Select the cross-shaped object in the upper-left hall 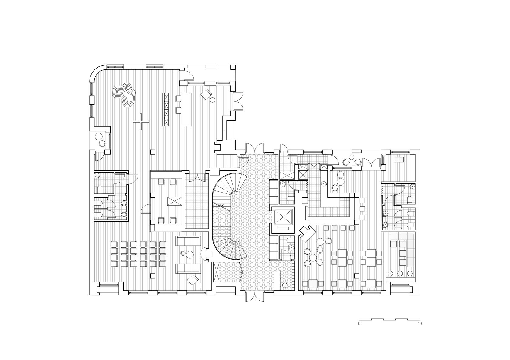pyautogui.click(x=141, y=122)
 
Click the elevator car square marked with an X pyautogui.click(x=283, y=216)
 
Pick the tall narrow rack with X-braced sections pyautogui.click(x=165, y=109)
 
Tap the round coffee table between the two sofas pyautogui.click(x=189, y=254)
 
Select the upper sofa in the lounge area pyautogui.click(x=188, y=241)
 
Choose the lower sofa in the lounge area pyautogui.click(x=188, y=269)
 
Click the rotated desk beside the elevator pyautogui.click(x=307, y=234)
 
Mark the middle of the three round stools pyautogui.click(x=400, y=273)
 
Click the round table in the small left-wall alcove pyautogui.click(x=98, y=136)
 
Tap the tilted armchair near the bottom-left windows pyautogui.click(x=193, y=280)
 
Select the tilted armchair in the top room pyautogui.click(x=206, y=94)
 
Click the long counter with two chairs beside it pyautogui.click(x=186, y=109)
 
